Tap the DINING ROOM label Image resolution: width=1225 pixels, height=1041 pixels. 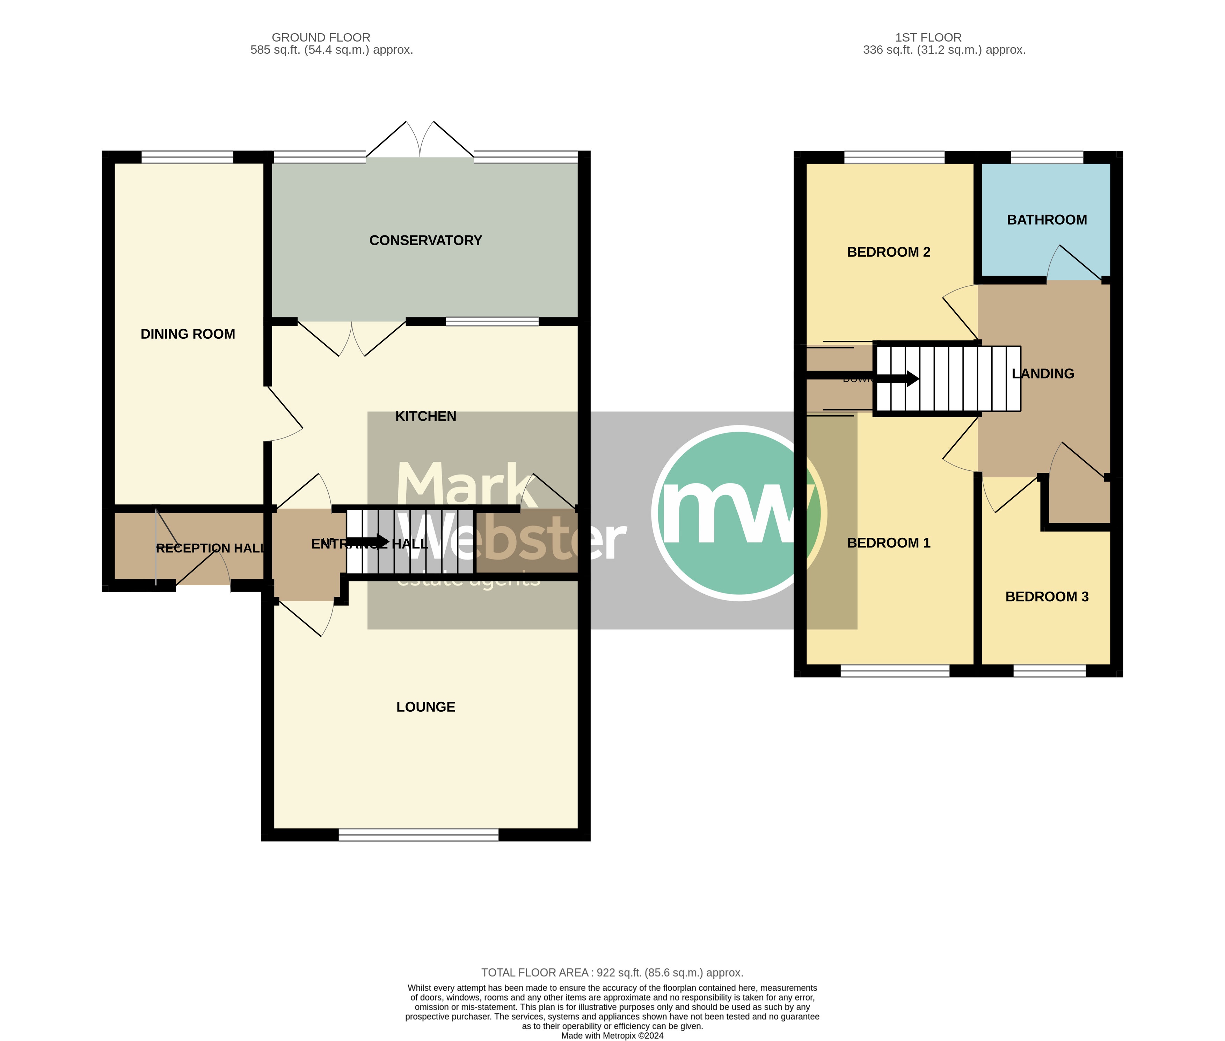pyautogui.click(x=188, y=334)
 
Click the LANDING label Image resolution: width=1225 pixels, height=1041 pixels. pyautogui.click(x=1043, y=374)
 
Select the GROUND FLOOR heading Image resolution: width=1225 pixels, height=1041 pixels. pyautogui.click(x=321, y=37)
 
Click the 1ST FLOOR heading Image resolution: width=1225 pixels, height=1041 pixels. pyautogui.click(x=928, y=37)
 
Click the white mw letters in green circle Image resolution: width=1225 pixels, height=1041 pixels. pyautogui.click(x=732, y=512)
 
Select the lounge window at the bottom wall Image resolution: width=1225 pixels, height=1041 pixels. pyautogui.click(x=418, y=835)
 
